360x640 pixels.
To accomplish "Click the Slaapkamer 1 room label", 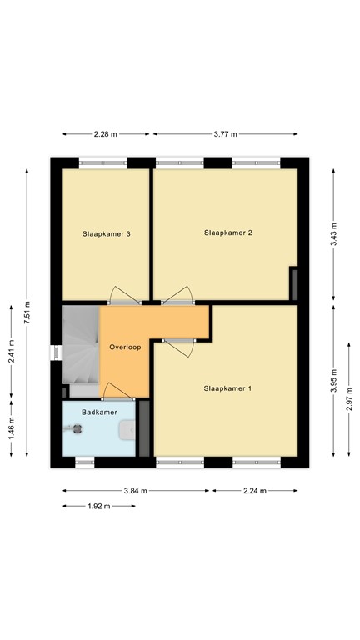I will pyautogui.click(x=227, y=388).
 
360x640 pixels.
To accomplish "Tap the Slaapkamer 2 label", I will pyautogui.click(x=227, y=233).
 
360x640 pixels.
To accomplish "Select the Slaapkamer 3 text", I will pyautogui.click(x=106, y=234).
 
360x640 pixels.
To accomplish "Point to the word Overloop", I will pyautogui.click(x=125, y=345).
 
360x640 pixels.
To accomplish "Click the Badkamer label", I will pyautogui.click(x=97, y=412).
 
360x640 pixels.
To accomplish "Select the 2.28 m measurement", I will pyautogui.click(x=106, y=134).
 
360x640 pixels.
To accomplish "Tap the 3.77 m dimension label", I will pyautogui.click(x=225, y=134).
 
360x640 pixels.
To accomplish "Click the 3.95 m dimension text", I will pyautogui.click(x=333, y=382).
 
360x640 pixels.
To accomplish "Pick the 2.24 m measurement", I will pyautogui.click(x=254, y=491).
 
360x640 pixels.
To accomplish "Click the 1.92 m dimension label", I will pyautogui.click(x=98, y=506).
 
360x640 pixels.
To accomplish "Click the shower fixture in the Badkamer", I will pyautogui.click(x=77, y=429).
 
